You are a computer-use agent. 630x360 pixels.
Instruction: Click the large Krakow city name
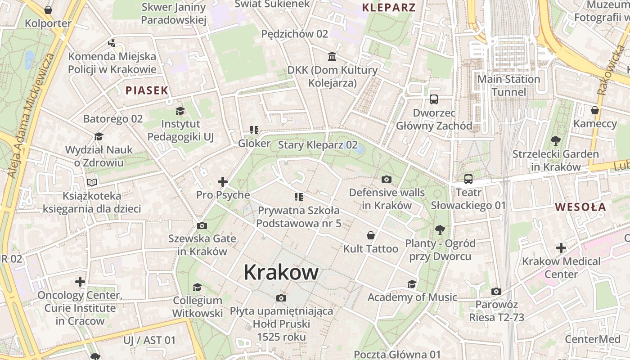pyautogui.click(x=281, y=272)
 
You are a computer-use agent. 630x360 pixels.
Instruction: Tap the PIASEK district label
pyautogui.click(x=147, y=90)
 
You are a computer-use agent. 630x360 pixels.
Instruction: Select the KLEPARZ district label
pyautogui.click(x=389, y=7)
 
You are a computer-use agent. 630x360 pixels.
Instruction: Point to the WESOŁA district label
pyautogui.click(x=580, y=207)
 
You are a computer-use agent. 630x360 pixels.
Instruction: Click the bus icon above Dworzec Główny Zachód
pyautogui.click(x=434, y=99)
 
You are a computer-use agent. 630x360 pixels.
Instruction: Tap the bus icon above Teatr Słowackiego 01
pyautogui.click(x=468, y=179)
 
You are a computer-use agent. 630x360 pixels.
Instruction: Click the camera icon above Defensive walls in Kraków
pyautogui.click(x=386, y=180)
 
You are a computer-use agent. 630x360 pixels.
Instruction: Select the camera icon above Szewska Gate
pyautogui.click(x=202, y=225)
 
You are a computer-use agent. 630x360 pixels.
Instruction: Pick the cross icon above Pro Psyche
pyautogui.click(x=223, y=182)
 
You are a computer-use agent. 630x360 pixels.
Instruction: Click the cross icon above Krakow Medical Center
pyautogui.click(x=561, y=248)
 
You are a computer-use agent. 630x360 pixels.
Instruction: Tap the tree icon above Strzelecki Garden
pyautogui.click(x=556, y=141)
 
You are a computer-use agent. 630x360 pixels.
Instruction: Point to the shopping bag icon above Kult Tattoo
pyautogui.click(x=371, y=235)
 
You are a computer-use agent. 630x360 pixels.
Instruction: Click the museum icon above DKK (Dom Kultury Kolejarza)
pyautogui.click(x=333, y=57)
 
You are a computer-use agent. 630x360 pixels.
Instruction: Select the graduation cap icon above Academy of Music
pyautogui.click(x=412, y=284)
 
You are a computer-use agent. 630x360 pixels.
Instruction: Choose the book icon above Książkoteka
pyautogui.click(x=92, y=183)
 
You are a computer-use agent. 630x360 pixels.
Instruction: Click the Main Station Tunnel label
pyautogui.click(x=508, y=85)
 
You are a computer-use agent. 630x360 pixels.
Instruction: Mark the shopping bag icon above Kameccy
pyautogui.click(x=595, y=110)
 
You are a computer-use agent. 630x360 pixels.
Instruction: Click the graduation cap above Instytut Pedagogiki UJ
pyautogui.click(x=180, y=111)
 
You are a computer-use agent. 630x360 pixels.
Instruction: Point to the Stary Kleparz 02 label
pyautogui.click(x=318, y=145)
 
